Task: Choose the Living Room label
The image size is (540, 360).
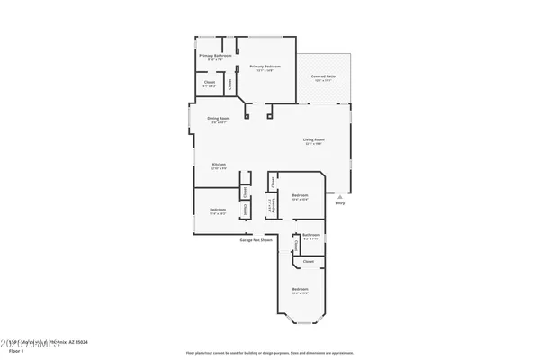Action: coord(313,141)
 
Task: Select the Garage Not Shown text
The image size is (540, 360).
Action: coord(256,240)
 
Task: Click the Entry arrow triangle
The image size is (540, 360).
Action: coord(339,194)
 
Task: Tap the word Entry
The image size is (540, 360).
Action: coord(339,204)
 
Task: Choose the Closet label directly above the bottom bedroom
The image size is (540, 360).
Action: coord(308,262)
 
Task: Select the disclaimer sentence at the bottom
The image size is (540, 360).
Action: coord(269,352)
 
